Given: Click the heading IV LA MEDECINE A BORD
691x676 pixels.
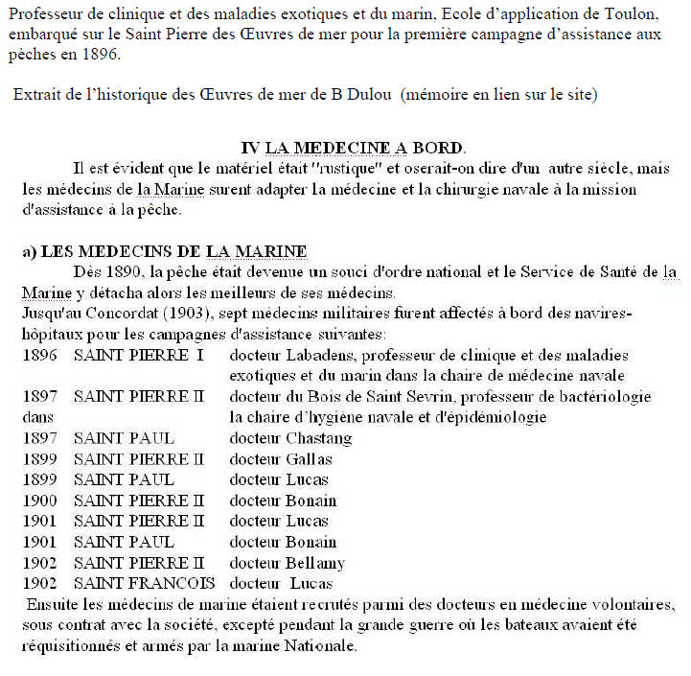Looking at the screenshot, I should pyautogui.click(x=353, y=148).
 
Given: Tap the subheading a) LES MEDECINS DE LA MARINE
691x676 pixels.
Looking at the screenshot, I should pyautogui.click(x=164, y=251).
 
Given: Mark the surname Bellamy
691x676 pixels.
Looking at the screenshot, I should pyautogui.click(x=315, y=563).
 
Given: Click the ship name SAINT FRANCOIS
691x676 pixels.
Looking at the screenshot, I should pyautogui.click(x=144, y=584).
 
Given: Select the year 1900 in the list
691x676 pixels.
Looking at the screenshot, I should pyautogui.click(x=41, y=501).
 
